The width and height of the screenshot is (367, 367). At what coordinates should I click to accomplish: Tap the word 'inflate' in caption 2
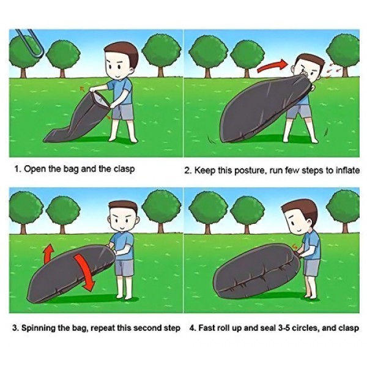tap(347, 170)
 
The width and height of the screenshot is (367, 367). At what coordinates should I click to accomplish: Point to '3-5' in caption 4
tap(285, 328)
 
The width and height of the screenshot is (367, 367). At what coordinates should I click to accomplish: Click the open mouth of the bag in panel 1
tap(101, 100)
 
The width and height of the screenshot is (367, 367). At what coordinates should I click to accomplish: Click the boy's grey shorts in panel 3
tap(124, 267)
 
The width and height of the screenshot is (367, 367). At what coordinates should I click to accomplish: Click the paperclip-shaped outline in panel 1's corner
tap(30, 44)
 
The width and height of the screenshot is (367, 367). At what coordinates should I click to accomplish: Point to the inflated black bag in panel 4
tap(256, 271)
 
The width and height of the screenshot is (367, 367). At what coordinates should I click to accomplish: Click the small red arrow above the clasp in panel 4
tap(295, 247)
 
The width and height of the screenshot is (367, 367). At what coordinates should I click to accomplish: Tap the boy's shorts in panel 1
tap(123, 113)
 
